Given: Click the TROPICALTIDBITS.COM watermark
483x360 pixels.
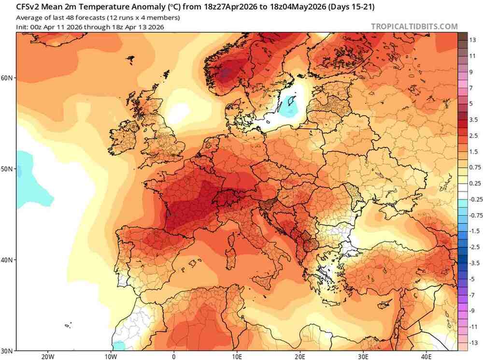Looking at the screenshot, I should [414, 27].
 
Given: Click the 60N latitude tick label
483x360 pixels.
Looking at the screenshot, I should [8, 78].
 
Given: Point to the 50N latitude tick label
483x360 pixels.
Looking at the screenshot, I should [8, 169].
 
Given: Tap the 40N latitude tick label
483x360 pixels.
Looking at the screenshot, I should [8, 260].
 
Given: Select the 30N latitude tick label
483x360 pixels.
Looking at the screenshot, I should [8, 350].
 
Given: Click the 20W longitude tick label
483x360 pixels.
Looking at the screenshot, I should [47, 357].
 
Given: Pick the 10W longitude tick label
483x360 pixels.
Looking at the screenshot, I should [111, 357].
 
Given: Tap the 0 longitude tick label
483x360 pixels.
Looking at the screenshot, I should [174, 357].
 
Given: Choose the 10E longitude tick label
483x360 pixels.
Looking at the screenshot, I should [237, 357].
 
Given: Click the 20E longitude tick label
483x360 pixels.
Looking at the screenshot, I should [300, 357].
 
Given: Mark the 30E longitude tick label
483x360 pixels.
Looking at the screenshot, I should [363, 357].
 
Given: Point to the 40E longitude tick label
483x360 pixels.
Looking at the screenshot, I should [426, 357].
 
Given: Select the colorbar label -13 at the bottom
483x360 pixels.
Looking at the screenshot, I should [473, 343].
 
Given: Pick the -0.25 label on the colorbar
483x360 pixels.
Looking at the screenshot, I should [475, 199].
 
